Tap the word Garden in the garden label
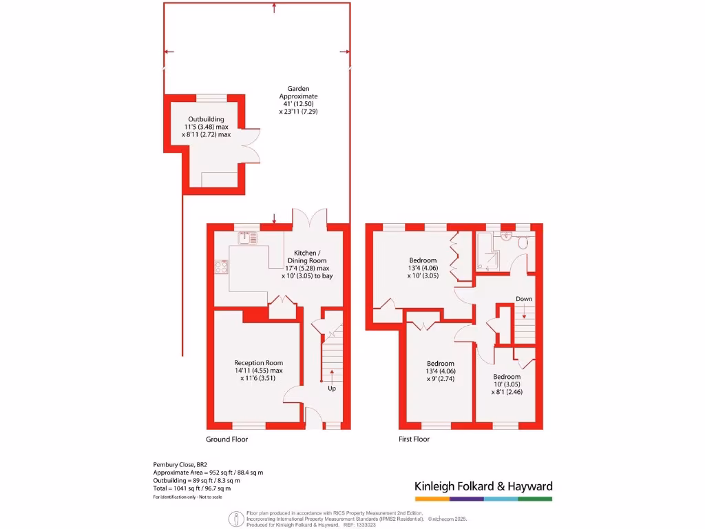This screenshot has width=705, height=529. click(298, 89)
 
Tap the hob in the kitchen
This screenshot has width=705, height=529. click(222, 267)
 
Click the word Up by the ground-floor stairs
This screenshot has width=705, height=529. click(332, 388)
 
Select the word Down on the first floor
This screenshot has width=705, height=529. click(524, 299)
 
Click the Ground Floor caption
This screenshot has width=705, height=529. click(227, 439)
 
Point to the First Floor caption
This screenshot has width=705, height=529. click(414, 439)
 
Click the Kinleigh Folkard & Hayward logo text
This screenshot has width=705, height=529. click(483, 486)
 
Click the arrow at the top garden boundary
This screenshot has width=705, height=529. click(275, 8)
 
